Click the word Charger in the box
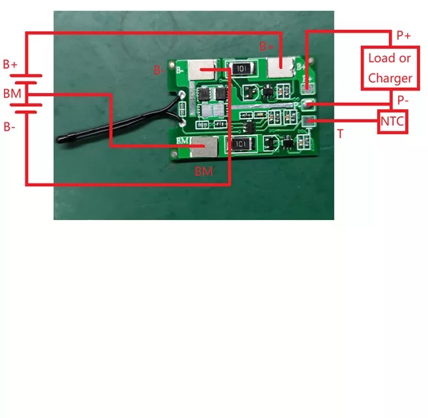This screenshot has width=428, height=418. pyautogui.click(x=390, y=78)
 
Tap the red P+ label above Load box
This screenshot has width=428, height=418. pyautogui.click(x=403, y=36)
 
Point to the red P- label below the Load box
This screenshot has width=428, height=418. pyautogui.click(x=403, y=100)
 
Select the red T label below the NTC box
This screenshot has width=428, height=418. pyautogui.click(x=340, y=134)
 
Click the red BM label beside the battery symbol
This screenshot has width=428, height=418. pyautogui.click(x=12, y=94)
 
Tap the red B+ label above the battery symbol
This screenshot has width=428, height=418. pyautogui.click(x=10, y=64)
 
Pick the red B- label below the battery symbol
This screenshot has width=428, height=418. pyautogui.click(x=9, y=127)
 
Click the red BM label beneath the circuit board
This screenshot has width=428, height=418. pyautogui.click(x=204, y=172)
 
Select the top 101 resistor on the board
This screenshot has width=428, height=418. pyautogui.click(x=241, y=68)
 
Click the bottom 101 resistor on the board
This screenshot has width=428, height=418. pyautogui.click(x=241, y=144)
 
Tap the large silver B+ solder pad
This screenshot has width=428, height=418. pyautogui.click(x=280, y=67)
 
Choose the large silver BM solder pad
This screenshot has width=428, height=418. pyautogui.click(x=204, y=147)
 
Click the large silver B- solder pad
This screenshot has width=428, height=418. pyautogui.click(x=202, y=70)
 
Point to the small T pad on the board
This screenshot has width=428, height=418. pyautogui.click(x=308, y=120)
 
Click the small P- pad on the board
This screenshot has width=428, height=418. pyautogui.click(x=309, y=104)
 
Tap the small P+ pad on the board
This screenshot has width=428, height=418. pyautogui.click(x=308, y=88)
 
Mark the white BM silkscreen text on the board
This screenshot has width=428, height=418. pyautogui.click(x=182, y=141)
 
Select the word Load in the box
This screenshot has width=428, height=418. pyautogui.click(x=377, y=58)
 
